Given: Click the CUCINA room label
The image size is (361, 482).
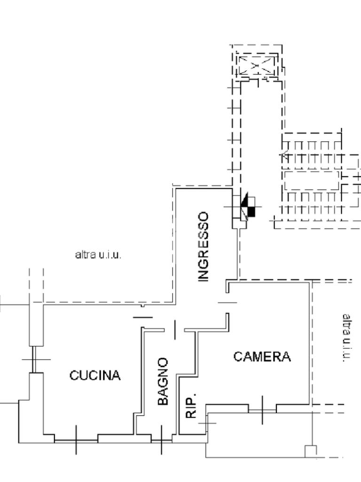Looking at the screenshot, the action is [95, 376].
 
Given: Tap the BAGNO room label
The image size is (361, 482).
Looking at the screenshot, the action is [163, 381].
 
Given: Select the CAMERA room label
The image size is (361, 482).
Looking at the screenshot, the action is [262, 357].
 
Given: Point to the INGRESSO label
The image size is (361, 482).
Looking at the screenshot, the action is [203, 247].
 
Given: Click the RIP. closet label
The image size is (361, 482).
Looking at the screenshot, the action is [191, 405].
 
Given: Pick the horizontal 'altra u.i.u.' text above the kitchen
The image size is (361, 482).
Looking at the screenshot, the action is [98, 255].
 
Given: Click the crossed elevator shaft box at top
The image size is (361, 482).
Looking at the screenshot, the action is [256, 66].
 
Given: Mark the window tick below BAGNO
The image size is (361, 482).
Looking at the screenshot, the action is [161, 440].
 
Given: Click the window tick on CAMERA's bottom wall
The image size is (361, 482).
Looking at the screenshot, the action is [262, 410].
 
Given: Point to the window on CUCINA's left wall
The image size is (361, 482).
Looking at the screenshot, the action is [36, 359].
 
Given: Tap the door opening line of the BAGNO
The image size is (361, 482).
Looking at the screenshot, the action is [174, 329].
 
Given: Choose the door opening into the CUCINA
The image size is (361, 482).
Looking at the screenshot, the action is [143, 317].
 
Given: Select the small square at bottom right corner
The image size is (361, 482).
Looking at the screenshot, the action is [311, 451].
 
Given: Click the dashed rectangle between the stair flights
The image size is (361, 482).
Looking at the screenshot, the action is [311, 180].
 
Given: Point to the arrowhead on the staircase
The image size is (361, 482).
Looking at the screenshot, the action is [285, 154].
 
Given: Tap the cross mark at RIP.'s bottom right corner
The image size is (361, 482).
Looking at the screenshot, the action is [207, 423].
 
